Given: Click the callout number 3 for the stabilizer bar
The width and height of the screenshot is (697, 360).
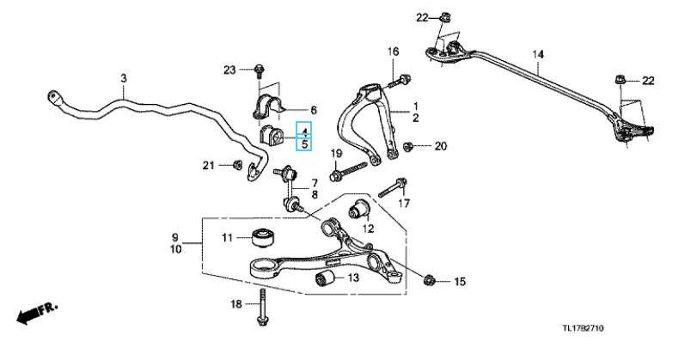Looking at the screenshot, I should (x=124, y=78).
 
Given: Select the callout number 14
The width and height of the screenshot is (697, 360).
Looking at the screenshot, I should (x=538, y=56).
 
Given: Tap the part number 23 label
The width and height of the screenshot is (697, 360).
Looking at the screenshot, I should (x=229, y=69).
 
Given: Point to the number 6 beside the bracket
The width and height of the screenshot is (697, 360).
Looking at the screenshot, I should (x=314, y=110).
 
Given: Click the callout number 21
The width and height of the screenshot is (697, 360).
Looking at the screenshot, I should (x=207, y=165).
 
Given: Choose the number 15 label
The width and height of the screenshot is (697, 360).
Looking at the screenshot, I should (x=458, y=281).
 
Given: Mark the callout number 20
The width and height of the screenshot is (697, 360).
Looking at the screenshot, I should (x=441, y=146).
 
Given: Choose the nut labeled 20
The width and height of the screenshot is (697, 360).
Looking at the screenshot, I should (x=409, y=146).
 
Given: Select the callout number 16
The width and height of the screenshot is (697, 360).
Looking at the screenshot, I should (x=393, y=52).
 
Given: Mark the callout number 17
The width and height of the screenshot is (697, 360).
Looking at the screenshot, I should (x=403, y=204).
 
